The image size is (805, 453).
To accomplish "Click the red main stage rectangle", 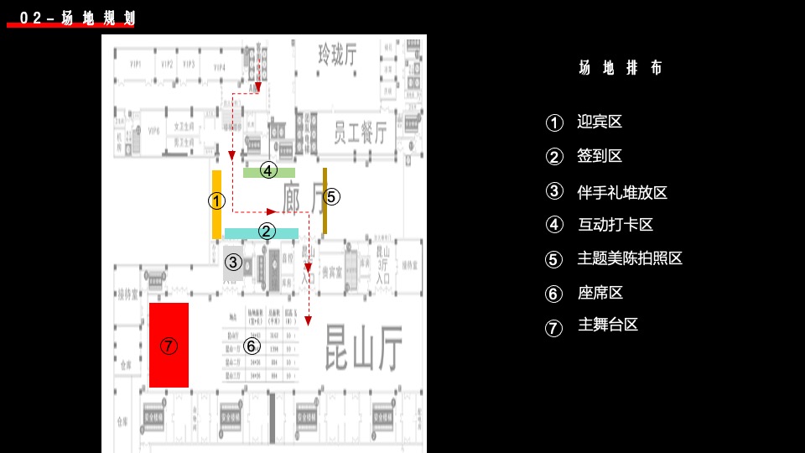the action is pyautogui.click(x=169, y=345).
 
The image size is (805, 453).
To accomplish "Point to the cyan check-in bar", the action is pyautogui.click(x=261, y=233).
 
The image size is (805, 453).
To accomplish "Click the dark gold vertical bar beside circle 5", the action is pyautogui.click(x=325, y=201).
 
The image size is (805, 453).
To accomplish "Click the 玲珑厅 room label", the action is pyautogui.click(x=337, y=55).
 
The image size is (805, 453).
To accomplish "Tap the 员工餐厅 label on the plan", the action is pyautogui.click(x=360, y=133).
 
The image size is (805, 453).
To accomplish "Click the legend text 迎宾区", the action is pyautogui.click(x=600, y=122).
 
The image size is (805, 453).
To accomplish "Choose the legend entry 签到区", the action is pyautogui.click(x=600, y=156).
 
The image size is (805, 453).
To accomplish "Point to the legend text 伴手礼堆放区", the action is pyautogui.click(x=622, y=192).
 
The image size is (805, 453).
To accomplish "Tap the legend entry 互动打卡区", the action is pyautogui.click(x=615, y=225).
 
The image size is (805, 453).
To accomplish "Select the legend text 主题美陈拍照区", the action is pyautogui.click(x=630, y=258).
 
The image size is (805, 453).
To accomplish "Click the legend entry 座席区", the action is pyautogui.click(x=600, y=293).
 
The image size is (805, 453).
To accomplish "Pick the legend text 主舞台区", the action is pyautogui.click(x=607, y=325).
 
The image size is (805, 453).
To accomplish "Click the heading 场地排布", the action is pyautogui.click(x=621, y=69).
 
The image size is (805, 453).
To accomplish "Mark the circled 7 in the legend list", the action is pyautogui.click(x=553, y=328).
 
